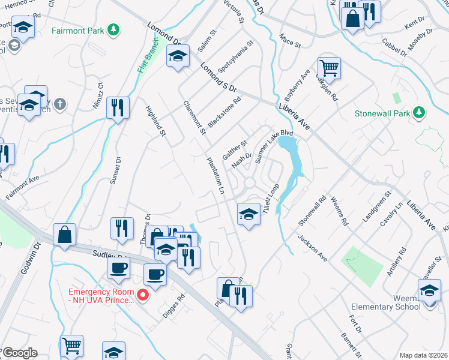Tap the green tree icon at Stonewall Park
pos(420,112)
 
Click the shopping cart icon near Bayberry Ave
pos(329,67)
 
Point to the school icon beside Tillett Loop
pos(247,214)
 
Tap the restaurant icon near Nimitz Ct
pos(117,108)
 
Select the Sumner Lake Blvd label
pos(274,144)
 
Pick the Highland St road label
pos(155,120)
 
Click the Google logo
pos(20,353)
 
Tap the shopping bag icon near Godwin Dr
pos(64,235)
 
